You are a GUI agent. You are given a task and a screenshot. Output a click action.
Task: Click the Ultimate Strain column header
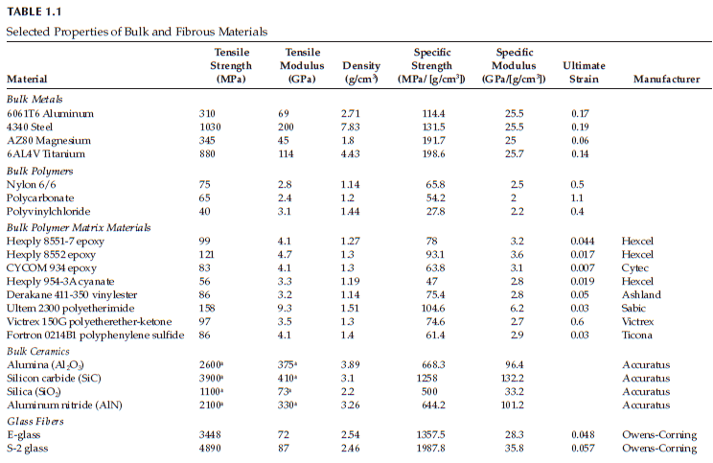[x=584, y=71]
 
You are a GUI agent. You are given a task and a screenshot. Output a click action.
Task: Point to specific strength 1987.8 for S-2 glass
[x=431, y=449]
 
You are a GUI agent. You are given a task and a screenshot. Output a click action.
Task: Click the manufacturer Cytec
[x=634, y=268]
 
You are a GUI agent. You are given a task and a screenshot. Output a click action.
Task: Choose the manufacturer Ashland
[x=638, y=296]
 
